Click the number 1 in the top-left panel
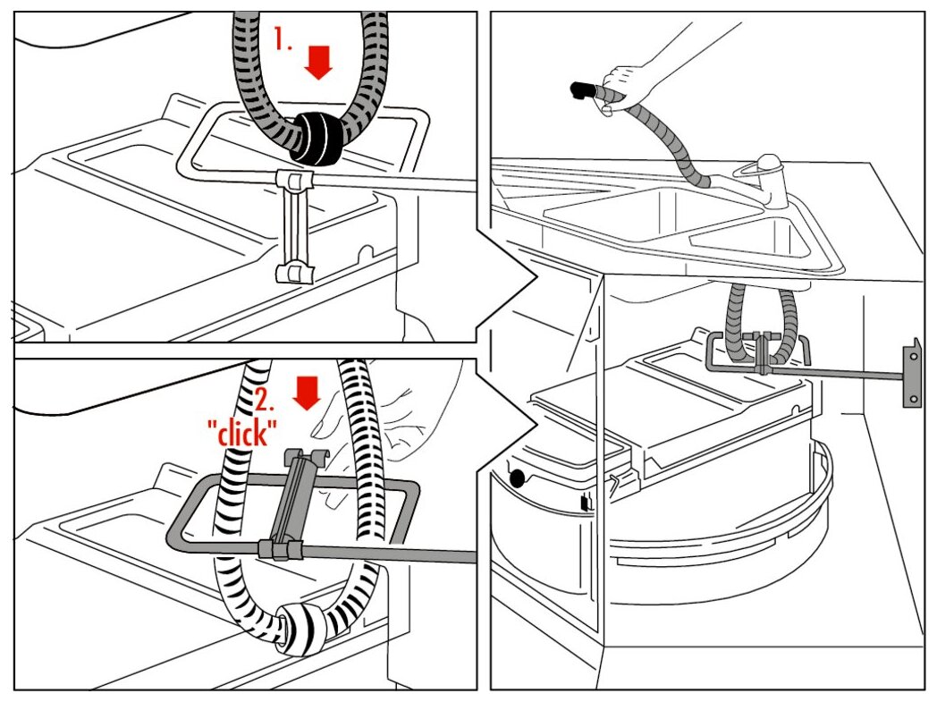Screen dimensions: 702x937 (283, 39)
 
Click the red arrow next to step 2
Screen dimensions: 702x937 (306, 392)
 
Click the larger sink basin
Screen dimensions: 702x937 (644, 210)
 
